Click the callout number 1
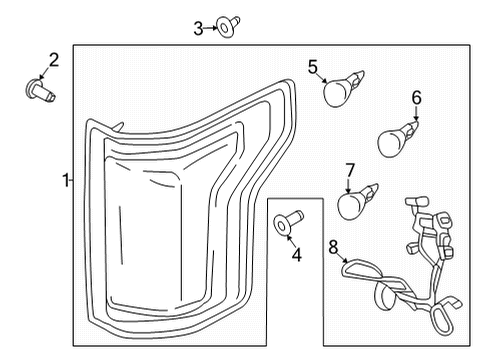coord(64,181)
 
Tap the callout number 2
coord(53,60)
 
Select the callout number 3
coord(198,28)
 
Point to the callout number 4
coord(295,255)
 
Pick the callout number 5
coord(313,67)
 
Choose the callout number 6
coord(416,97)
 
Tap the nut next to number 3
coord(228,29)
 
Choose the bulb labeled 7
coord(354,203)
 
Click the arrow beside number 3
coord(211,29)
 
